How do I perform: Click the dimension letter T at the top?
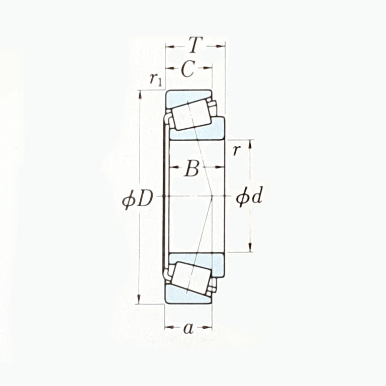tap(195, 46)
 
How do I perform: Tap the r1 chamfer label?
tap(155, 79)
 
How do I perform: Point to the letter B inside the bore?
tap(191, 169)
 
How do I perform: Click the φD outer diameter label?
tap(137, 199)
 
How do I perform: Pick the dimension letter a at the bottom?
tap(188, 329)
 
